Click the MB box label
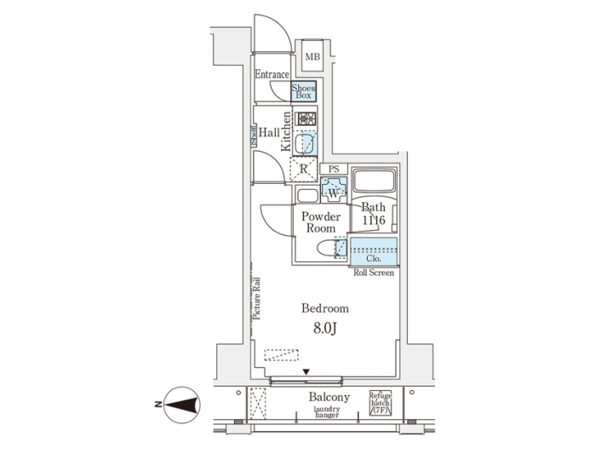click(x=312, y=57)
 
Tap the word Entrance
click(x=272, y=75)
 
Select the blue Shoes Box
click(x=305, y=91)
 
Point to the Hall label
click(x=270, y=132)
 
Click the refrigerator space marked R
click(x=303, y=169)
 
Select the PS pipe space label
click(x=335, y=170)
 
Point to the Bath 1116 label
click(x=373, y=214)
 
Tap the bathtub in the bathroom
click(x=374, y=182)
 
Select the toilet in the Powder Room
click(x=327, y=249)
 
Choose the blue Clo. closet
click(x=374, y=256)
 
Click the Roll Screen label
click(x=374, y=273)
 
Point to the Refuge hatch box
click(x=380, y=403)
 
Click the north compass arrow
click(x=181, y=403)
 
